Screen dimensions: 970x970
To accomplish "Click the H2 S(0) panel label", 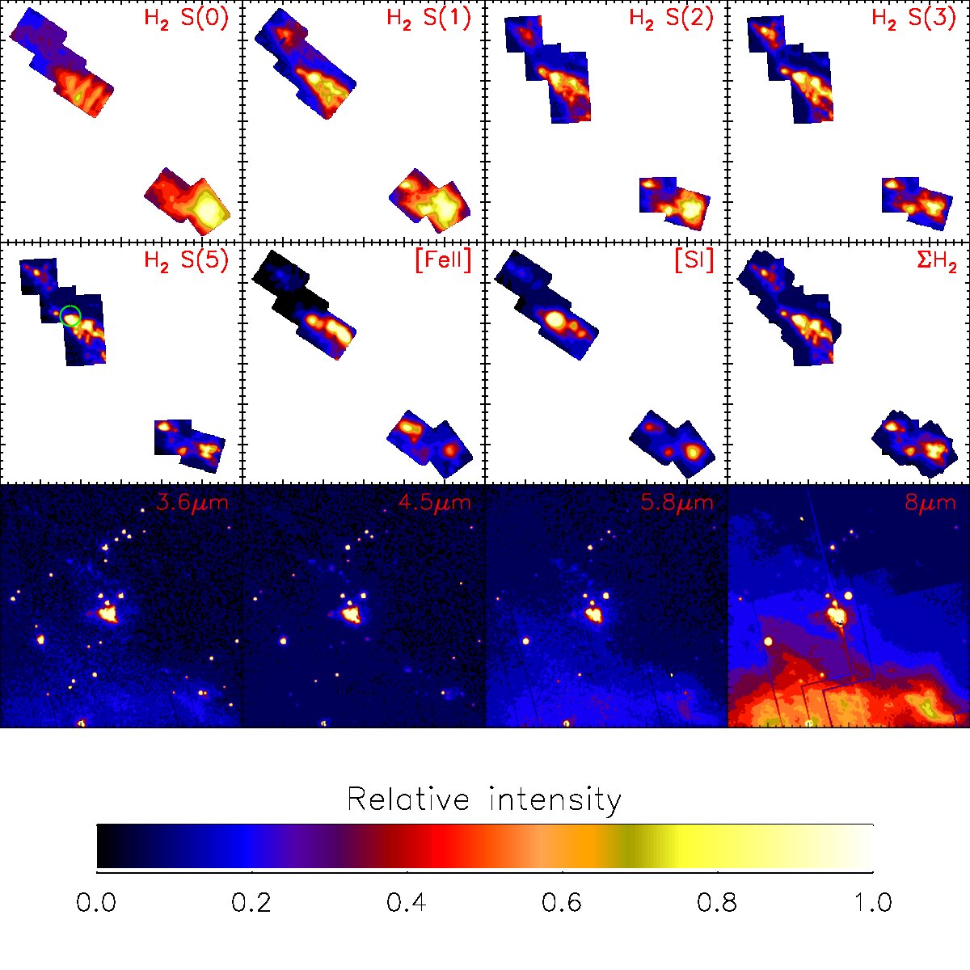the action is (x=186, y=19).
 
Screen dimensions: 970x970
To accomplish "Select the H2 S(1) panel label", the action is (x=429, y=19).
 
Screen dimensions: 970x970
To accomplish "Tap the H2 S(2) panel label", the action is (x=672, y=19).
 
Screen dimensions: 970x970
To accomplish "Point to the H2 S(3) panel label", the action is (x=913, y=19).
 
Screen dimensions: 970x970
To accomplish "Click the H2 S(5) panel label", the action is (x=186, y=261).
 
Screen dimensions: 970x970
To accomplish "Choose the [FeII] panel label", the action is (x=444, y=261).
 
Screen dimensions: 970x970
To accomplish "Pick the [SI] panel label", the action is (x=694, y=261).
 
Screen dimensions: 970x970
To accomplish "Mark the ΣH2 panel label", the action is (x=937, y=262).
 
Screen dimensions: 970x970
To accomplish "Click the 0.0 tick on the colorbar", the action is (x=96, y=902).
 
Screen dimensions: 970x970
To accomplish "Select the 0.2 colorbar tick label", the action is (x=251, y=902).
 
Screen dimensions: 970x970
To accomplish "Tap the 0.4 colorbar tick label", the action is (x=407, y=902).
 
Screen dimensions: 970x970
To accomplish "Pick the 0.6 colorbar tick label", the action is (x=562, y=902).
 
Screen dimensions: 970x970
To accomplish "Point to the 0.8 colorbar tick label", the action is (x=717, y=902).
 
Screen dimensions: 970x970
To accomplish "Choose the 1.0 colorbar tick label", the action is (x=873, y=902).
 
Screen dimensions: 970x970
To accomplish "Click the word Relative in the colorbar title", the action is (x=408, y=799).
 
